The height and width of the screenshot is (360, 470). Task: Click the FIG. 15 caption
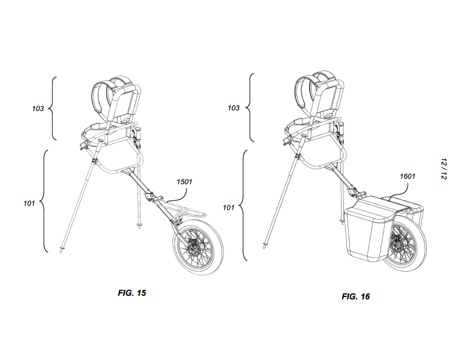click(x=132, y=293)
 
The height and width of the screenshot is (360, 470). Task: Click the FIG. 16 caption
click(x=355, y=296)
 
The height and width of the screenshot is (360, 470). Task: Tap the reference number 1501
click(x=184, y=182)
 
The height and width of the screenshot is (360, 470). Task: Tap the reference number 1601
click(x=408, y=176)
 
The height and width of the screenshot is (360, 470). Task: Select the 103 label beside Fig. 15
click(x=38, y=109)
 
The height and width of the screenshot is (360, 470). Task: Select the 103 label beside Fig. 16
click(x=233, y=108)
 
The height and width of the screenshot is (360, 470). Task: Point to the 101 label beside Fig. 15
click(x=29, y=203)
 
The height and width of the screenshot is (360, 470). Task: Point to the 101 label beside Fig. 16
click(x=229, y=207)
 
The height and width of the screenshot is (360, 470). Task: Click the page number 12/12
click(x=444, y=169)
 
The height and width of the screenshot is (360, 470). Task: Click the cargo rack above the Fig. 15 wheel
click(x=185, y=209)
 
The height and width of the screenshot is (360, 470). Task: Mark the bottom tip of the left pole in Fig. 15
click(x=61, y=253)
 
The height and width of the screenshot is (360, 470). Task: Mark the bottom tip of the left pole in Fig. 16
click(x=264, y=248)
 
